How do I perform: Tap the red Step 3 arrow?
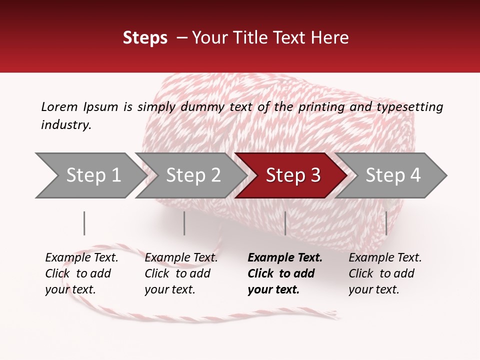[293, 175]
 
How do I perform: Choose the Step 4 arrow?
[393, 175]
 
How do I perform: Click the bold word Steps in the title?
[145, 38]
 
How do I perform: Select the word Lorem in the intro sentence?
[59, 106]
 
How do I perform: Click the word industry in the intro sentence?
[65, 125]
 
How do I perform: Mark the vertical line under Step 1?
[84, 223]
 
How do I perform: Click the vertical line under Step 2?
[184, 223]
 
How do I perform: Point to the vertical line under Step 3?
[285, 223]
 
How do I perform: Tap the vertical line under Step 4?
[386, 223]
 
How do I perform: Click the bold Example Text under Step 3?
[285, 258]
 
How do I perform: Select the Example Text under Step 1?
[81, 258]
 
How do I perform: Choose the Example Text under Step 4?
[385, 258]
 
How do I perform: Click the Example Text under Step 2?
[181, 258]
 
